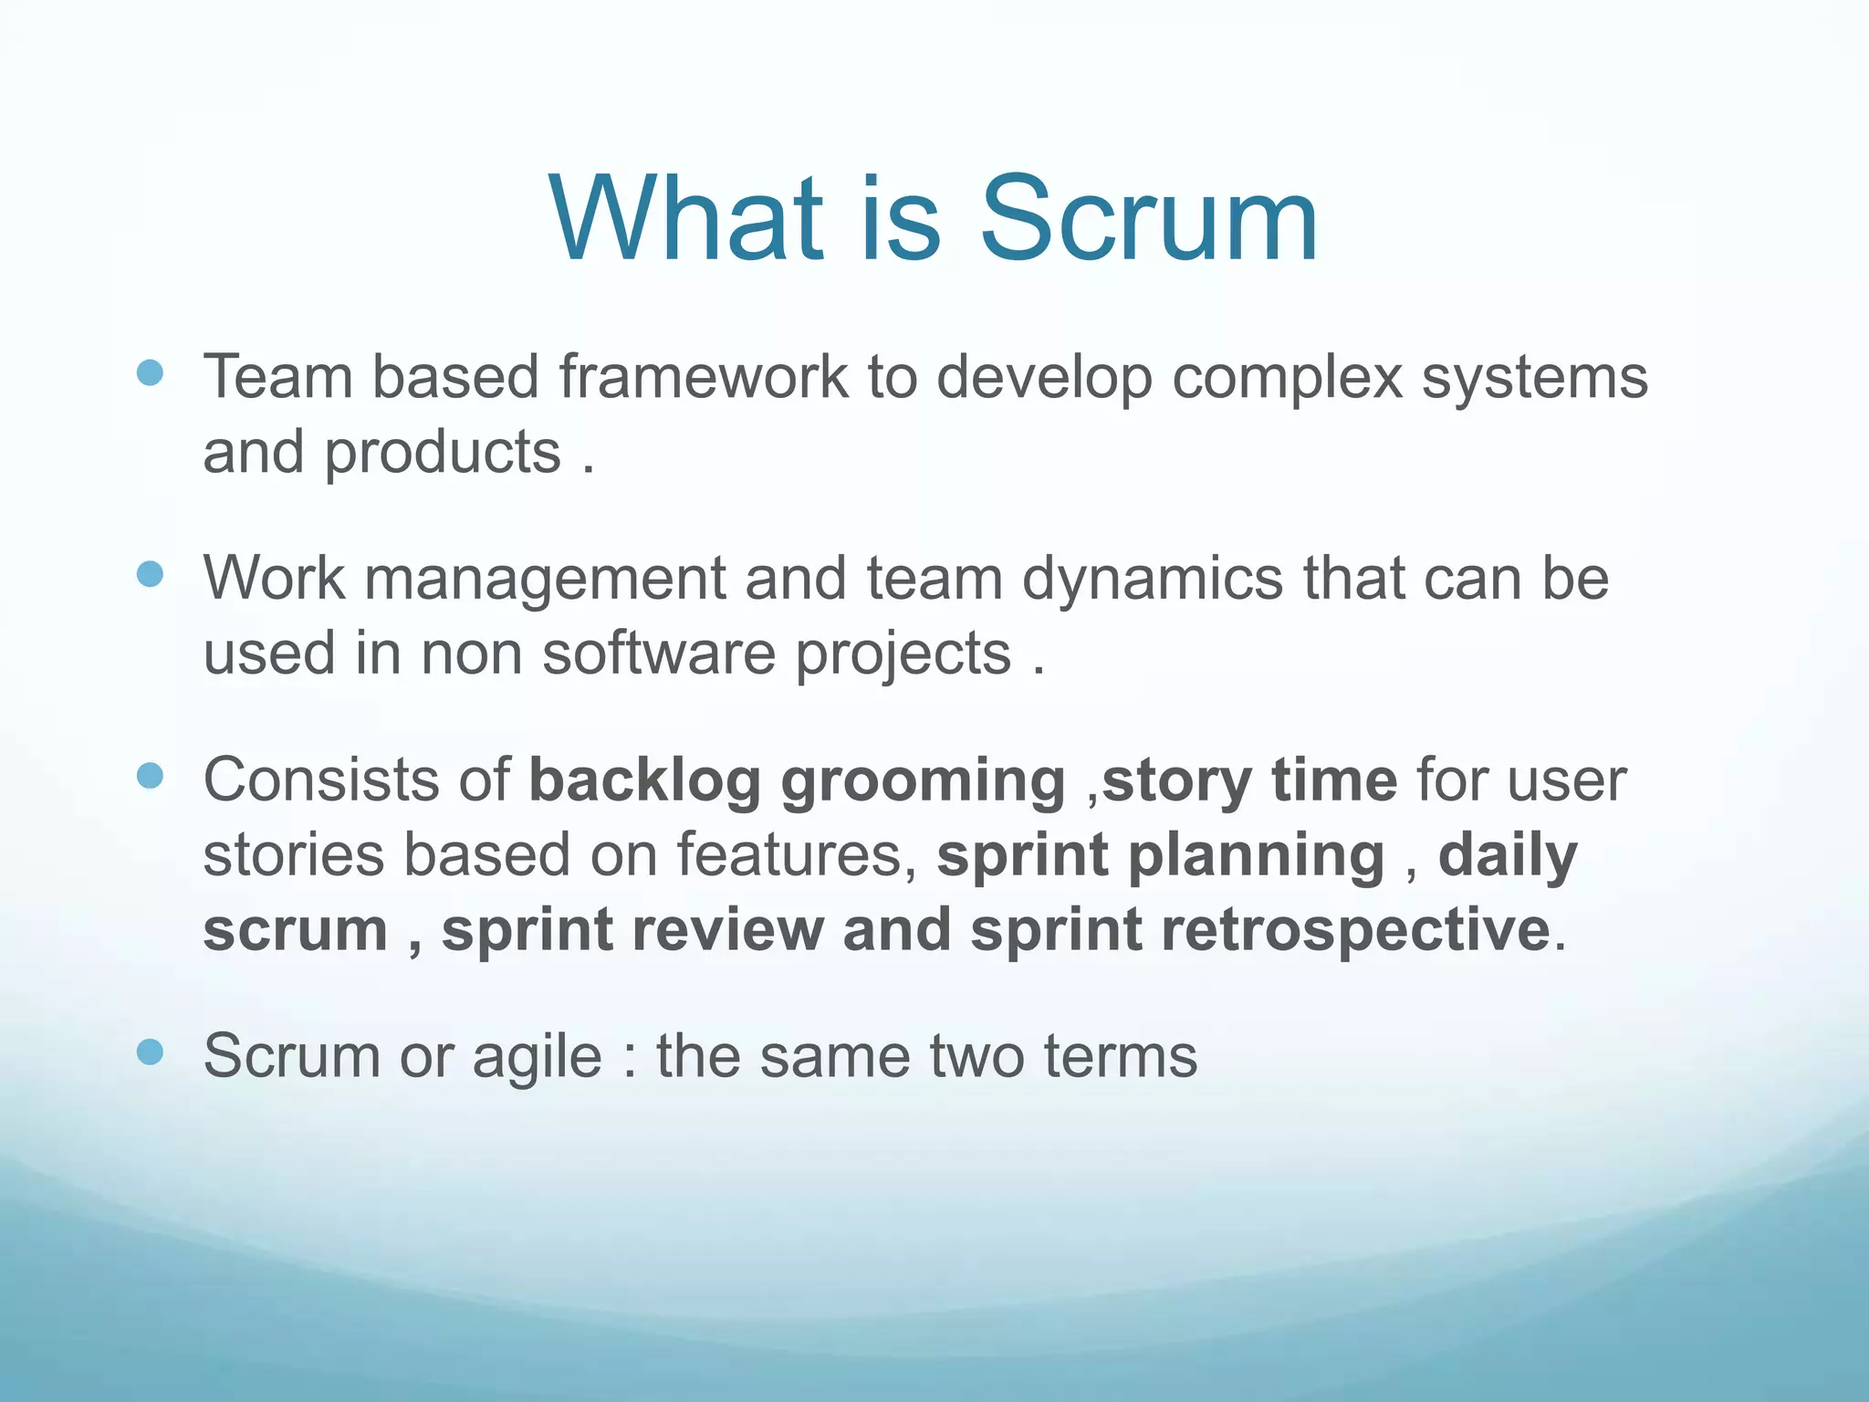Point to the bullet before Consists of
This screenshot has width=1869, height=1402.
pyautogui.click(x=150, y=776)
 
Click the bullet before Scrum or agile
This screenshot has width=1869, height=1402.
pyautogui.click(x=150, y=1051)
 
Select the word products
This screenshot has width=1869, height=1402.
pyautogui.click(x=444, y=455)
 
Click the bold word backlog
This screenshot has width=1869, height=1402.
pyautogui.click(x=644, y=780)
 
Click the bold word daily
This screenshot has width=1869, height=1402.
pyautogui.click(x=1508, y=856)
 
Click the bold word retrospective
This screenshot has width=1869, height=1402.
pyautogui.click(x=1351, y=931)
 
